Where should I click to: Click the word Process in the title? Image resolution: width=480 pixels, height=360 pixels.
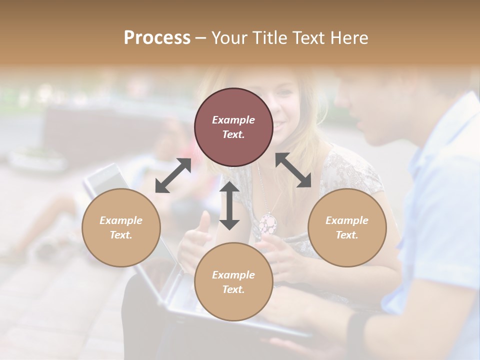(157, 38)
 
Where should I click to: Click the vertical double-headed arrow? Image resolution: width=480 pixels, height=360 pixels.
(229, 205)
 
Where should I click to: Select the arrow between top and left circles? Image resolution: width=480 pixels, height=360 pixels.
(173, 175)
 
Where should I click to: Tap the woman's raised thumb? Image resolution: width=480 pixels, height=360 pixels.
(204, 220)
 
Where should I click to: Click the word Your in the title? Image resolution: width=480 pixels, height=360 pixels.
(228, 38)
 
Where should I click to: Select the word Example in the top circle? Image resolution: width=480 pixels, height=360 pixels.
(233, 120)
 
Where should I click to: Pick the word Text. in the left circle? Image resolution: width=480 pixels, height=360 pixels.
(121, 235)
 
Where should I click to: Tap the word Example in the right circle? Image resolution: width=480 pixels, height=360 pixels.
(347, 220)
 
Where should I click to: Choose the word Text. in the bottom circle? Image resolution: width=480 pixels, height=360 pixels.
(233, 289)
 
